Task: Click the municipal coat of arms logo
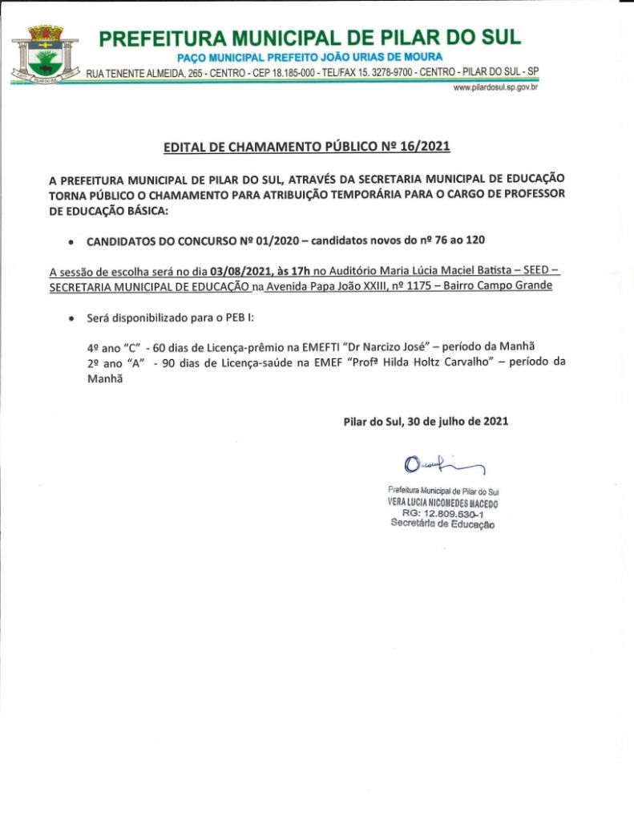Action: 46,55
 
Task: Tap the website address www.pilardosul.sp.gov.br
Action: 495,87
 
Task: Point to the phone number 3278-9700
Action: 392,73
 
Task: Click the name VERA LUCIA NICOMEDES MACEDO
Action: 442,503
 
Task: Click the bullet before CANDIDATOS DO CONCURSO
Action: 72,241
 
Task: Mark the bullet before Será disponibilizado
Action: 72,319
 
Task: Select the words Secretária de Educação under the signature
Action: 442,524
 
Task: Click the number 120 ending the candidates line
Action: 475,240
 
